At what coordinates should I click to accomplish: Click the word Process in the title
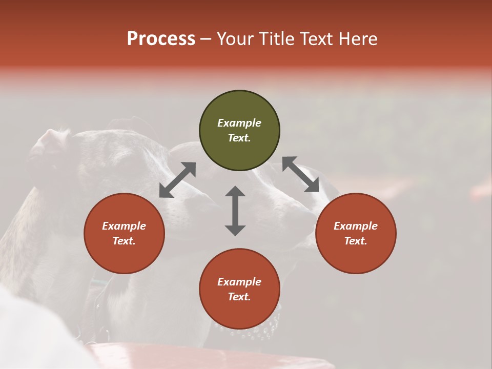coord(161,39)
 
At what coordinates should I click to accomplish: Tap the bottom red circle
coord(239,310)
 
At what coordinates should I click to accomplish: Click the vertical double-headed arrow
coord(235,211)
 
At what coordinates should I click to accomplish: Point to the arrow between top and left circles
coord(178,179)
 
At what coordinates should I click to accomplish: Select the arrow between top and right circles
coord(301,174)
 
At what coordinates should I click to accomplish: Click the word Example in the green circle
coord(239,123)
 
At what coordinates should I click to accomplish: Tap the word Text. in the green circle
coord(239,138)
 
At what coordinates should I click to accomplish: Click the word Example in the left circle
coord(124,226)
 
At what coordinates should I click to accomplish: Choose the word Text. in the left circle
coord(124,241)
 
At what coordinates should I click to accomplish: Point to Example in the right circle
coord(356,226)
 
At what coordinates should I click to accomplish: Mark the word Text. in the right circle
coord(356,241)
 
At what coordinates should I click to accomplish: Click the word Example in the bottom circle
coord(239,282)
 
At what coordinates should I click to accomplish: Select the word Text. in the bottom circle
coord(239,297)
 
